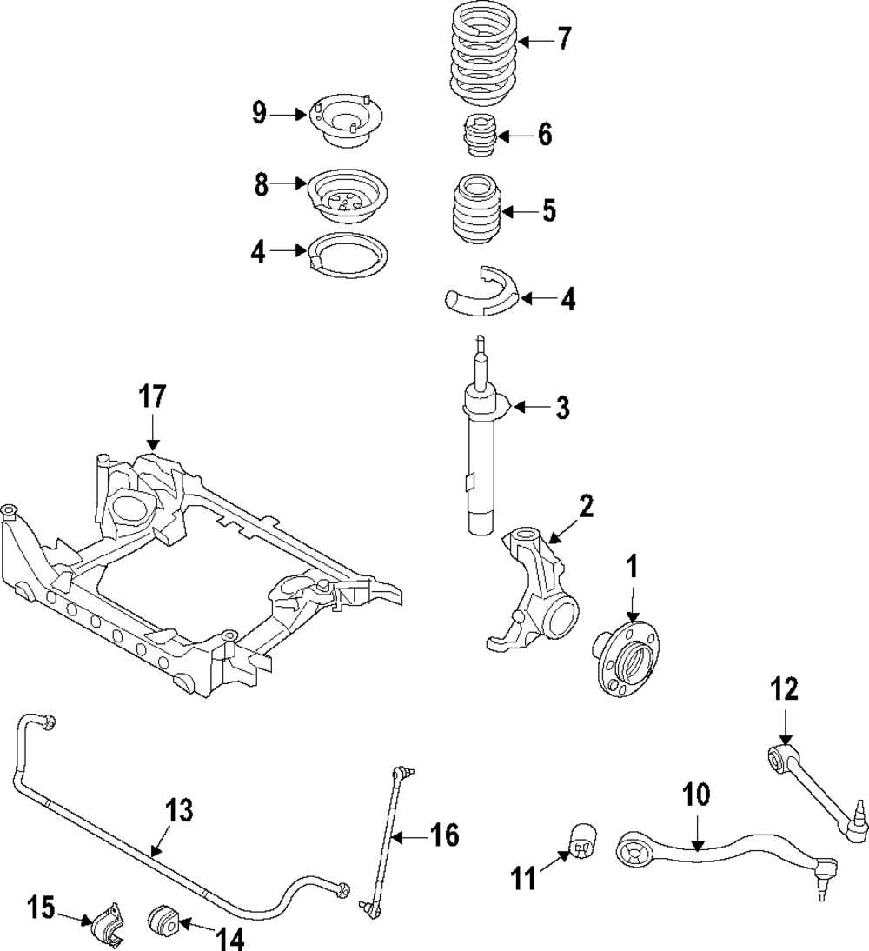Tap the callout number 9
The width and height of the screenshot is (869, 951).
(260, 113)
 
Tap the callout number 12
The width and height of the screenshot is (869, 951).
(785, 690)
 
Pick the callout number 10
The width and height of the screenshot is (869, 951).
(697, 795)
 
